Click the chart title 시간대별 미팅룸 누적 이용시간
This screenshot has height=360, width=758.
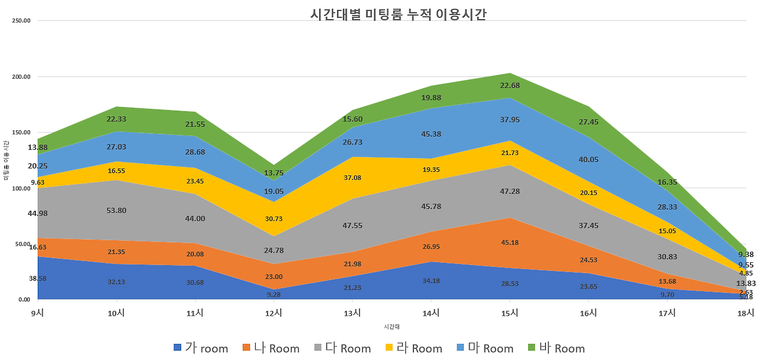(398, 14)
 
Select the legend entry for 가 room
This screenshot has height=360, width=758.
(201, 348)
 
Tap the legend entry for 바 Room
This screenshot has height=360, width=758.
(556, 348)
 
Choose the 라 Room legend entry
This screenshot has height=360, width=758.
(414, 348)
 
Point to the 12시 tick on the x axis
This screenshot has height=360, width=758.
(274, 313)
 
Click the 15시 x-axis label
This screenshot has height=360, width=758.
(510, 313)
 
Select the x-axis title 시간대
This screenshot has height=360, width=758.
(393, 326)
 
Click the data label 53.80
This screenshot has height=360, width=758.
(117, 210)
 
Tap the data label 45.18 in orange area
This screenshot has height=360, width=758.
(510, 242)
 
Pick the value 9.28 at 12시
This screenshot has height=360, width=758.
(274, 294)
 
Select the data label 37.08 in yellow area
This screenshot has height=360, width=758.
(352, 178)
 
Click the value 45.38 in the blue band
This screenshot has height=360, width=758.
(431, 134)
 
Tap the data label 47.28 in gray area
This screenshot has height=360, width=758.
(510, 192)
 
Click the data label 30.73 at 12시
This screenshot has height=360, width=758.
(274, 218)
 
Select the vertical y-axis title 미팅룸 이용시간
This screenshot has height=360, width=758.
(6, 160)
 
